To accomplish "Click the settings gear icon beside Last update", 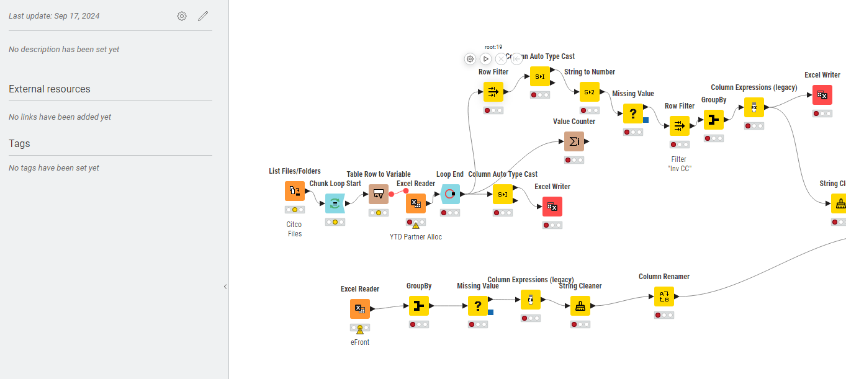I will coord(182,16).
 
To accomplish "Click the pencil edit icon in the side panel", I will coord(203,16).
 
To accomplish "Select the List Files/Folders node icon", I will coord(295,191).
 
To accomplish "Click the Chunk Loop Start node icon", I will coord(335,203).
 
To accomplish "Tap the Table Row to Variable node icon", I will coord(379,194).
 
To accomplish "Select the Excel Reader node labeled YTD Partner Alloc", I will coord(416,203).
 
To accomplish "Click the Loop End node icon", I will coord(450,194).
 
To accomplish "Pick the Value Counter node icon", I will coord(574,141).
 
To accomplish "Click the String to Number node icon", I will coord(590,92).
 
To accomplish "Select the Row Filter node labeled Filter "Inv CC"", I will coord(680,126).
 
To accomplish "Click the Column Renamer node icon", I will coord(664,297).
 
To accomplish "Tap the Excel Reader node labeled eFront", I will coord(360,309).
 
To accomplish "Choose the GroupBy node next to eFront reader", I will coord(419,306).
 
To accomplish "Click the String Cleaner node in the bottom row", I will coord(580,306).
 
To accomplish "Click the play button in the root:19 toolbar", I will coord(486,59).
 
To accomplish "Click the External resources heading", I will coord(50,89).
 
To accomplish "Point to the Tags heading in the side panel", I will coord(19,144).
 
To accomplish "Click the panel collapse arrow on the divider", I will coord(225,287).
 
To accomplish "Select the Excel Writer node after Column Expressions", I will coord(822,95).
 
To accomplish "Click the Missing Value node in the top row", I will coord(633,114).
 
